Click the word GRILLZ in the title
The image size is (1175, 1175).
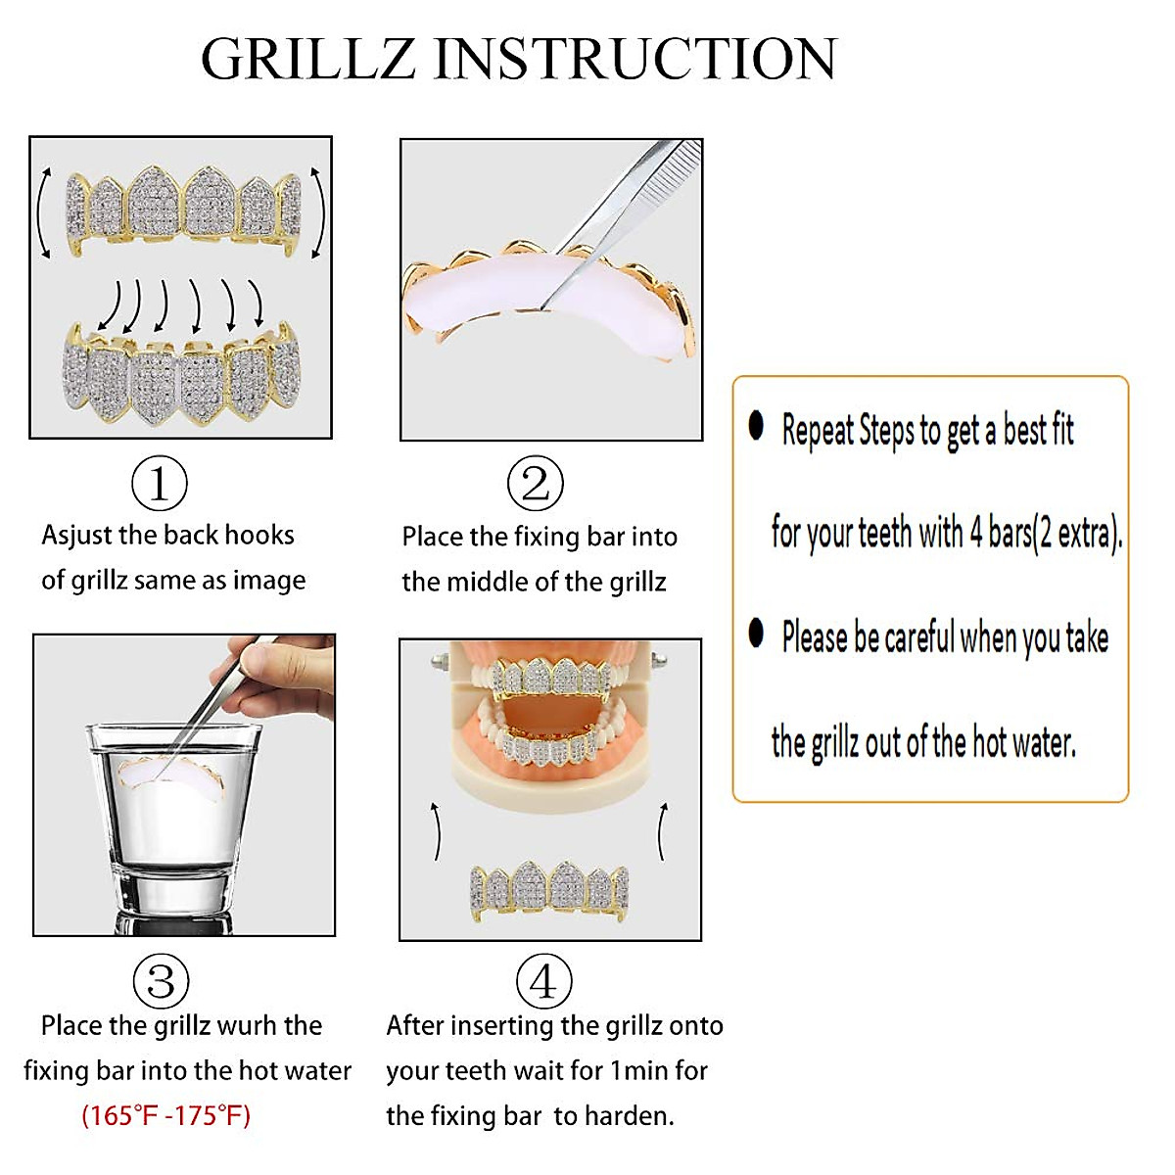coord(308,59)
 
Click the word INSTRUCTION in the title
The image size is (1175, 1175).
coord(634,59)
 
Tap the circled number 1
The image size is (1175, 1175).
coord(160,483)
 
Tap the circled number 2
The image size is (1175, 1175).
coord(536,483)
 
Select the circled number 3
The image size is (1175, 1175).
coord(161,981)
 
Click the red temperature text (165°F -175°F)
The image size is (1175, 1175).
coord(166,1115)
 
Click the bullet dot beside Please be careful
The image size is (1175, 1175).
coord(756,633)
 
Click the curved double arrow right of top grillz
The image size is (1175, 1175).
coord(317,212)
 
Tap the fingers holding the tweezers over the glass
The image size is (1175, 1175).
coord(284,676)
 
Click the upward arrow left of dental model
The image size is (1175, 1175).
coord(437,831)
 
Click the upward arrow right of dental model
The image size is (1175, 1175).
coord(663,831)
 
